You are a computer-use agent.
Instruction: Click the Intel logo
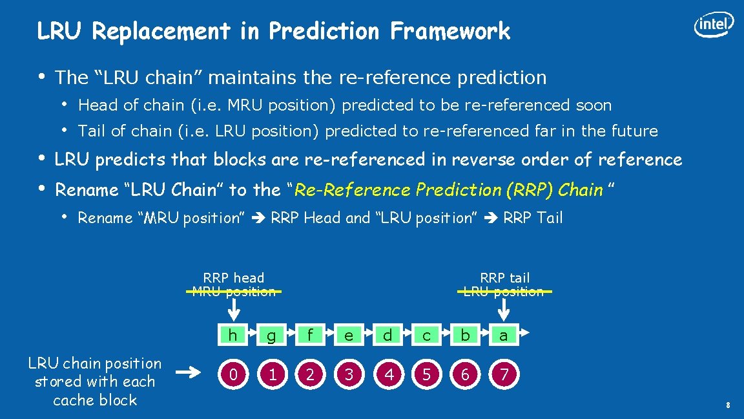pyautogui.click(x=714, y=25)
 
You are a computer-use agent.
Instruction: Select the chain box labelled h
pyautogui.click(x=232, y=334)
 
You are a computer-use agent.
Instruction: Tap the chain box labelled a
pyautogui.click(x=504, y=334)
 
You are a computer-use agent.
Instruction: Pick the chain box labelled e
pyautogui.click(x=349, y=334)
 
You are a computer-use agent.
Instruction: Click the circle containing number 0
pyautogui.click(x=233, y=374)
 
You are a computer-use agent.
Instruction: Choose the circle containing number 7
pyautogui.click(x=504, y=374)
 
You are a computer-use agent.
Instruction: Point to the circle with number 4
pyautogui.click(x=388, y=374)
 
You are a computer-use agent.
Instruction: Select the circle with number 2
pyautogui.click(x=311, y=374)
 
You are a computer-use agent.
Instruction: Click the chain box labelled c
pyautogui.click(x=426, y=334)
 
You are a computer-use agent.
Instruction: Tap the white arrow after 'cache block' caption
pyautogui.click(x=189, y=372)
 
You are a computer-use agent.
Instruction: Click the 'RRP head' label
pyautogui.click(x=234, y=278)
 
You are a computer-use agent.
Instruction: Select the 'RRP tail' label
pyautogui.click(x=504, y=278)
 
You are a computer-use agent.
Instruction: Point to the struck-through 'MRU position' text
pyautogui.click(x=234, y=292)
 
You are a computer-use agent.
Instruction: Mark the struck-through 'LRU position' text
pyautogui.click(x=504, y=292)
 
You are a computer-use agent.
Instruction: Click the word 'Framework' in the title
pyautogui.click(x=450, y=30)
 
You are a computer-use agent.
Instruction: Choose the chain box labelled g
pyautogui.click(x=271, y=334)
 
